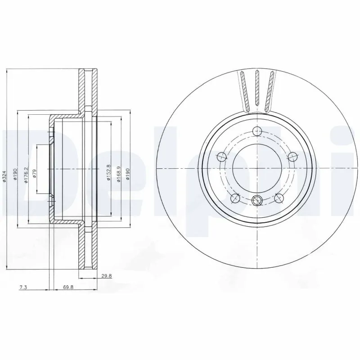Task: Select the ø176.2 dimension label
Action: click(26, 175)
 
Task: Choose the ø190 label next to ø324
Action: click(15, 175)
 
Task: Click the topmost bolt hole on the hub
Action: click(257, 131)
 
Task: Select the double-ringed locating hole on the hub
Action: click(257, 200)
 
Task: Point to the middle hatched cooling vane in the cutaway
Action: click(257, 89)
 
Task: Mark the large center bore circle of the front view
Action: click(257, 168)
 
